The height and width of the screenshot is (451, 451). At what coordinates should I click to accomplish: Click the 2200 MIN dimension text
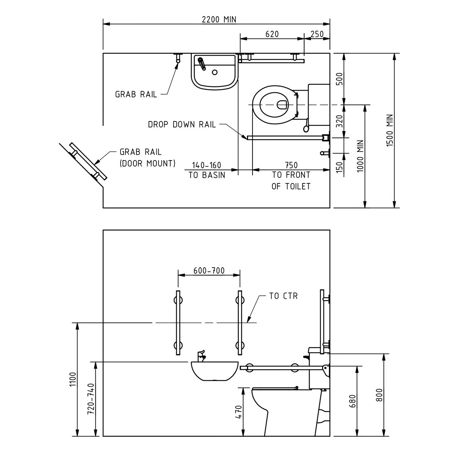219,20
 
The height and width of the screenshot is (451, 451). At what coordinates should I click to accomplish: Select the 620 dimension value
272,34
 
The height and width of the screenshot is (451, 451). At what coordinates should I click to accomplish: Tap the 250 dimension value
317,34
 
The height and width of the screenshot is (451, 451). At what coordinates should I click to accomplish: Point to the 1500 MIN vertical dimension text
389,130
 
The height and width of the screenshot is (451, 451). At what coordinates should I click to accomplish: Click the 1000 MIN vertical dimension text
360,156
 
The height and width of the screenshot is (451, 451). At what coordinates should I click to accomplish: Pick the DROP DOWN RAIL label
182,124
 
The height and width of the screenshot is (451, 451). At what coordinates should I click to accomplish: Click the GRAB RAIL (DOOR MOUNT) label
147,158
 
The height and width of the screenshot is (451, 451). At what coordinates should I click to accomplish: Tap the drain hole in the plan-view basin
215,72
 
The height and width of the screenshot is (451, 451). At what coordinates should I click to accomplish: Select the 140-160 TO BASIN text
207,170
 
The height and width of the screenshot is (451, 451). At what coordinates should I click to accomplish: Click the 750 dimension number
291,165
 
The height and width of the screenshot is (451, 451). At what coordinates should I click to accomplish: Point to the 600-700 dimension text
209,271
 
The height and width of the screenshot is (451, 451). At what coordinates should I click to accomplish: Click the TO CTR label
283,296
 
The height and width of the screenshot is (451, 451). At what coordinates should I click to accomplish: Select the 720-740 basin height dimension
91,399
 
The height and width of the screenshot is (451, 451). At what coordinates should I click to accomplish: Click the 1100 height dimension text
73,379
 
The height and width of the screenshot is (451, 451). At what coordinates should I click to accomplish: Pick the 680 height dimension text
352,401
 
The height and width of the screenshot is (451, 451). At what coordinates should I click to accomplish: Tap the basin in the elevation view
215,371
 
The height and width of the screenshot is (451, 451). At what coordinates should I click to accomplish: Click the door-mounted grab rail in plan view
88,161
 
